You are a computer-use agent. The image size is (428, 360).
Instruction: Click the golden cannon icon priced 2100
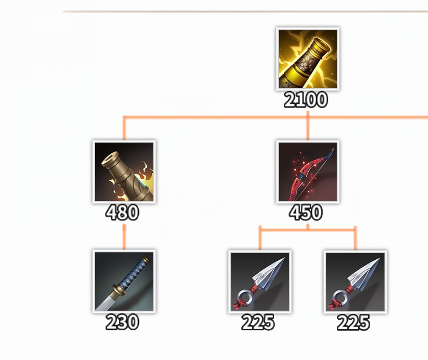pyautogui.click(x=308, y=59)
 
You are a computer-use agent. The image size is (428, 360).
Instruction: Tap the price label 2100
pyautogui.click(x=305, y=100)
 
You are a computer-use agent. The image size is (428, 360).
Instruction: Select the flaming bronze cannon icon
pyautogui.click(x=124, y=172)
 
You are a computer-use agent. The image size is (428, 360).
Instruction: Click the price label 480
pyautogui.click(x=122, y=213)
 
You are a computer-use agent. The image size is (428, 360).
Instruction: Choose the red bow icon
pyautogui.click(x=308, y=172)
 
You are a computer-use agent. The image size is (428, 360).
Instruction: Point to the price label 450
pyautogui.click(x=305, y=213)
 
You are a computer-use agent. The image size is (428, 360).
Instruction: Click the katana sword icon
pyautogui.click(x=124, y=282)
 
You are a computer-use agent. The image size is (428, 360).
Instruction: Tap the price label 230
pyautogui.click(x=122, y=322)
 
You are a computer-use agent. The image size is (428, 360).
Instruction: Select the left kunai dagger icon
pyautogui.click(x=260, y=282)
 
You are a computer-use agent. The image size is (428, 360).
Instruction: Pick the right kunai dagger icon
pyautogui.click(x=355, y=282)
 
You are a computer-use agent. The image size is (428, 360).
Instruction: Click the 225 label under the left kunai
pyautogui.click(x=258, y=322)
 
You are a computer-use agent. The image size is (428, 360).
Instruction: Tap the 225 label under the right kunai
pyautogui.click(x=353, y=322)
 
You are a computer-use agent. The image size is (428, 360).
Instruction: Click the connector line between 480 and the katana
pyautogui.click(x=124, y=236)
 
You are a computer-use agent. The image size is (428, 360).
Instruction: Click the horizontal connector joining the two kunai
pyautogui.click(x=308, y=230)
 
